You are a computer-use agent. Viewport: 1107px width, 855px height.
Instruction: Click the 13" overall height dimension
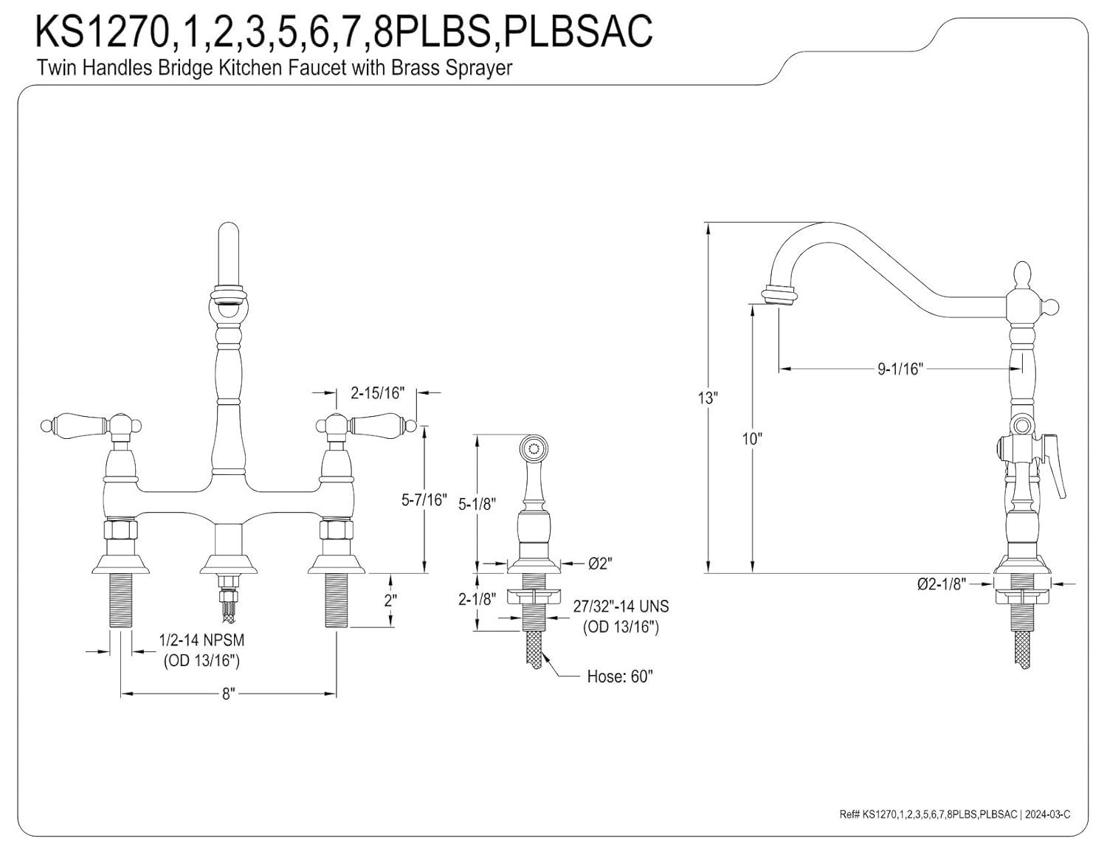pyautogui.click(x=708, y=398)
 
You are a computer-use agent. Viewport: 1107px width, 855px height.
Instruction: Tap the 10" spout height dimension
pyautogui.click(x=752, y=439)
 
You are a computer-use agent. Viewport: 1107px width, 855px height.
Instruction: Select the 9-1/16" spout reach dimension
pyautogui.click(x=900, y=369)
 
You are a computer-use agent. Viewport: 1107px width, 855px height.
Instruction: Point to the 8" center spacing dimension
pyautogui.click(x=227, y=694)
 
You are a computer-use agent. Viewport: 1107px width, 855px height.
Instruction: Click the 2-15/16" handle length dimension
pyautogui.click(x=377, y=393)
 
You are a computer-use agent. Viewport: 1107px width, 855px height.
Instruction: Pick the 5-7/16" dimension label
pyautogui.click(x=424, y=500)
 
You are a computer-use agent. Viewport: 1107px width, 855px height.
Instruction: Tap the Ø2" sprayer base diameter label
pyautogui.click(x=600, y=564)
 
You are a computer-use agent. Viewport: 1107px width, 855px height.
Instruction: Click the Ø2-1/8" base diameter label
pyautogui.click(x=941, y=584)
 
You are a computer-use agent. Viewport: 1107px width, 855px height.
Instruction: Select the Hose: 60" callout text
pyautogui.click(x=620, y=676)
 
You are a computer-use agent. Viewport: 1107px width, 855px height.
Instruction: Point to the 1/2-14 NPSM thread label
pyautogui.click(x=201, y=641)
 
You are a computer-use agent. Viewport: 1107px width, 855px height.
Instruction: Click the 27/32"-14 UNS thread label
pyautogui.click(x=621, y=606)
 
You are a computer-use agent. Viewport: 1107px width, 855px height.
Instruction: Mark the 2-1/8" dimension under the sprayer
pyautogui.click(x=476, y=599)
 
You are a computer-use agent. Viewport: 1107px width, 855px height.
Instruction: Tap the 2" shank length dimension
pyautogui.click(x=391, y=600)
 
